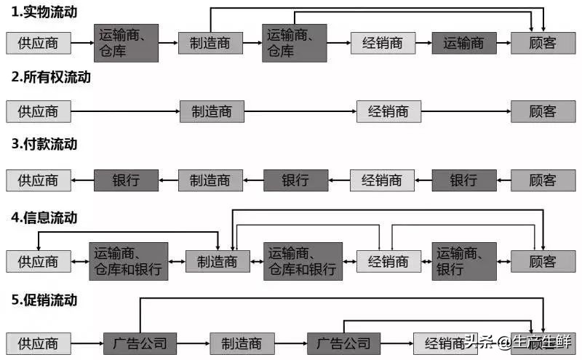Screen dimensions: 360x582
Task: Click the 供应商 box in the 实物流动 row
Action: tap(39, 43)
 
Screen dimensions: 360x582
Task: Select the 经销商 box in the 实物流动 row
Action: tap(382, 43)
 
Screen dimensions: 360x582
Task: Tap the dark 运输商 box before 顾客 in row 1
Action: tap(463, 43)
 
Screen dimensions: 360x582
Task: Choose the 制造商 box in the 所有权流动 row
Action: tap(212, 111)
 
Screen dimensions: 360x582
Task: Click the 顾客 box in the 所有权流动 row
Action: tap(543, 111)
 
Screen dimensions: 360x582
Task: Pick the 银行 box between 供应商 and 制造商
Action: tap(126, 180)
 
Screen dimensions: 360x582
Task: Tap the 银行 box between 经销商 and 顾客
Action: tap(463, 180)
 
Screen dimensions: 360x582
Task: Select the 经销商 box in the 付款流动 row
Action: tap(382, 180)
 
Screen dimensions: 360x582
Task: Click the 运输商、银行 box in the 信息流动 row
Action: tap(463, 261)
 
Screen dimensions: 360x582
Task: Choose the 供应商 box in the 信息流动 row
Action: tap(39, 261)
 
